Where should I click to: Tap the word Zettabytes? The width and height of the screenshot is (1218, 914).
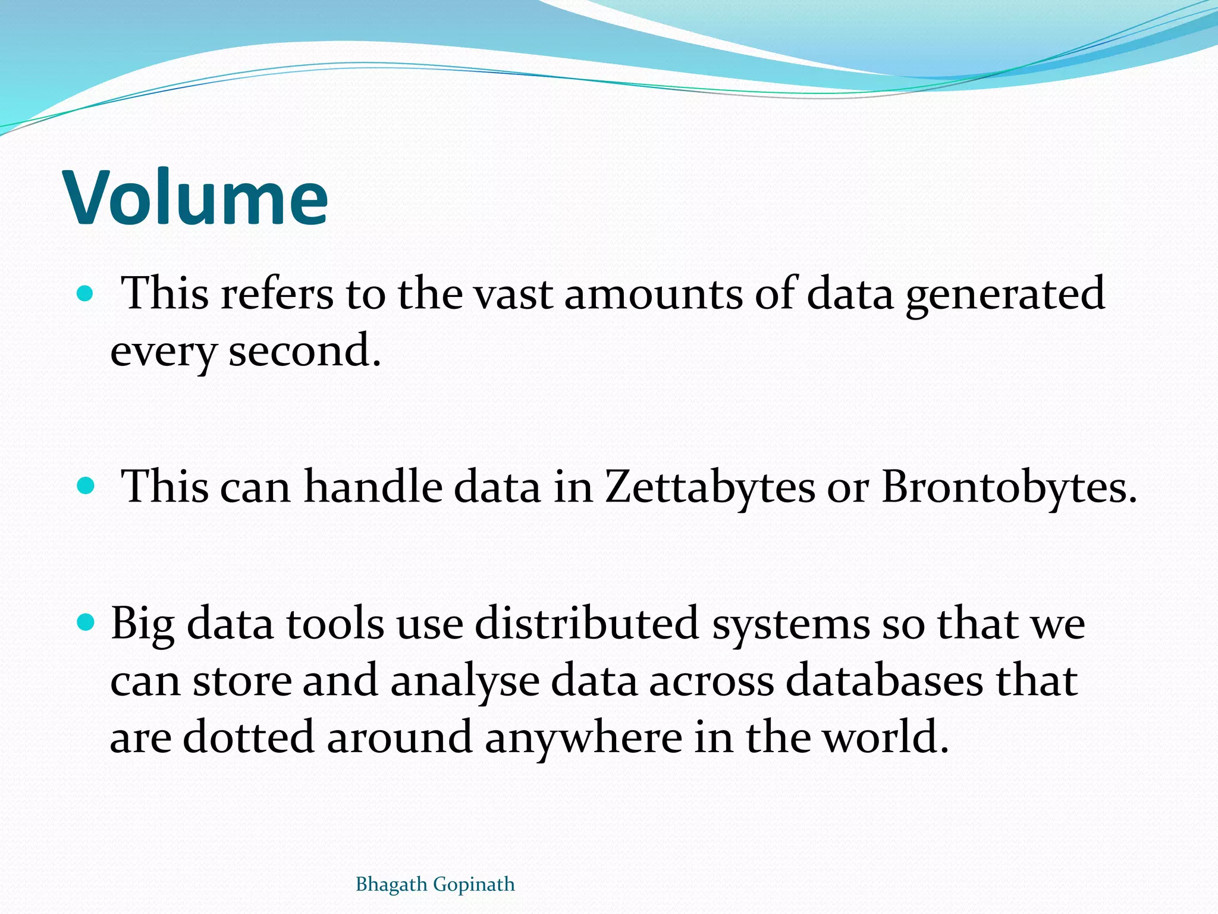click(x=710, y=487)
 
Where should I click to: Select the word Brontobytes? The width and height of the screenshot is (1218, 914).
click(x=1009, y=487)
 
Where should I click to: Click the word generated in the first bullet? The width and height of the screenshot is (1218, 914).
click(x=1005, y=295)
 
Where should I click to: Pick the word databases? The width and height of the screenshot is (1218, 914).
click(x=884, y=681)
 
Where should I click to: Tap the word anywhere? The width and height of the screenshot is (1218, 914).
click(x=583, y=738)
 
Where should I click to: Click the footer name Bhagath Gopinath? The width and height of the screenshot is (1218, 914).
click(x=435, y=884)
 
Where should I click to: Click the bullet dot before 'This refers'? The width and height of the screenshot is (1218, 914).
click(x=86, y=293)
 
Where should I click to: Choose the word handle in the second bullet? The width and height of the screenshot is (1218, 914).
click(x=373, y=487)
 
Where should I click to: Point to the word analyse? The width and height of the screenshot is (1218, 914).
click(x=464, y=682)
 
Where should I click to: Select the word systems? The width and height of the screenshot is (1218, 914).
click(x=790, y=625)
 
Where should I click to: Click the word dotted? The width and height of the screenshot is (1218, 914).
click(x=248, y=738)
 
